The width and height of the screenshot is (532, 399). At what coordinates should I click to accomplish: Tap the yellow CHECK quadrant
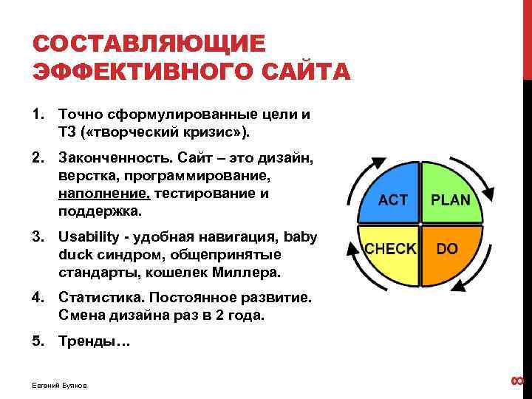392,251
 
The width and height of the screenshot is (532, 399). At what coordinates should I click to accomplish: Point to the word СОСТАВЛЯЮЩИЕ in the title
148,44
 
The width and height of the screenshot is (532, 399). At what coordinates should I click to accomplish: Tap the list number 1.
37,115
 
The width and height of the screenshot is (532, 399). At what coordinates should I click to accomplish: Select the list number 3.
37,237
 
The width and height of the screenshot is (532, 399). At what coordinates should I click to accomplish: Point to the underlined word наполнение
103,194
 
